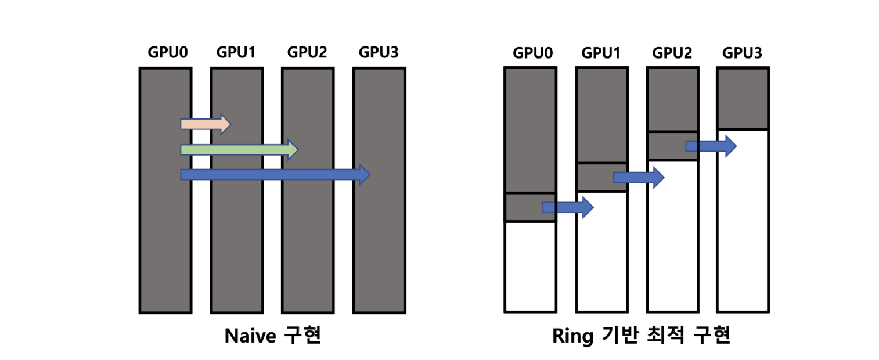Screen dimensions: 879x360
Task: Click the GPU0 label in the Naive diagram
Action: [168, 52]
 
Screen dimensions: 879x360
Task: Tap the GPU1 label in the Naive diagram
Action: [236, 52]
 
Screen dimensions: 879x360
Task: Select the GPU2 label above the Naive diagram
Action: [307, 52]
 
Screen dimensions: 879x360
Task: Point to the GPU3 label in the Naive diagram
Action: [379, 52]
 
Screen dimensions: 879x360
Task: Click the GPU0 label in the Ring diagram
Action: [532, 53]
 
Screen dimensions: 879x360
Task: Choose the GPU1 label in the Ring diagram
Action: [601, 53]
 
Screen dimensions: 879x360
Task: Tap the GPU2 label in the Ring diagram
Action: [672, 53]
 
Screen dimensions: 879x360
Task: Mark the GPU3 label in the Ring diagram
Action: [742, 53]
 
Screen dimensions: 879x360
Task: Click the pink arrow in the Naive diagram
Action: [206, 124]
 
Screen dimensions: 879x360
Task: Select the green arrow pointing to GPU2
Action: [239, 150]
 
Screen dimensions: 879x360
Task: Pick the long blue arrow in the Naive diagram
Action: [275, 175]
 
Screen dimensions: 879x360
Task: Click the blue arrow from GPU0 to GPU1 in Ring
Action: [568, 207]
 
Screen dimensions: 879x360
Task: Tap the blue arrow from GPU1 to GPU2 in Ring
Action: [639, 178]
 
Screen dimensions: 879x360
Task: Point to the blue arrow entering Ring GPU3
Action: [711, 146]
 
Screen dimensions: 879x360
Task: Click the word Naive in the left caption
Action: [250, 336]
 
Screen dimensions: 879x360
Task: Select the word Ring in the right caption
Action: [572, 336]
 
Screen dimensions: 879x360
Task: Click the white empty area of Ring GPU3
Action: [743, 221]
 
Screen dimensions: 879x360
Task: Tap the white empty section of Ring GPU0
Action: [530, 267]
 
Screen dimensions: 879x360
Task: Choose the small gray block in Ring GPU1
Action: [601, 177]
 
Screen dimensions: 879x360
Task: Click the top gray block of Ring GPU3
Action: [743, 99]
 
